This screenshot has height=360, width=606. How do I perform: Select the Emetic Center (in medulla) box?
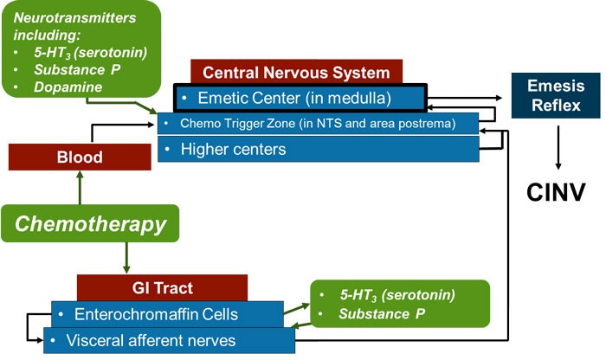pos(300,97)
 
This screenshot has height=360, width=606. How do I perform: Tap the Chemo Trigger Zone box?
pos(318,124)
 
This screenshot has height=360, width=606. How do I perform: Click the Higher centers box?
pos(318,149)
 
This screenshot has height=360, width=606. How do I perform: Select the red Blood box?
pos(80,157)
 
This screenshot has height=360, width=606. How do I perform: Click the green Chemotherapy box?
pos(91,223)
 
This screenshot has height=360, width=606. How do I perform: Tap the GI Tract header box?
pos(162,287)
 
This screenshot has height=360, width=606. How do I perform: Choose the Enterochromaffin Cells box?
pos(167,314)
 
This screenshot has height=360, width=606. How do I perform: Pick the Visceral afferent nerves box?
pos(169,340)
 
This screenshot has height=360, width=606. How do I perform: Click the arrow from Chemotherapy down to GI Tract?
pos(126,257)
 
